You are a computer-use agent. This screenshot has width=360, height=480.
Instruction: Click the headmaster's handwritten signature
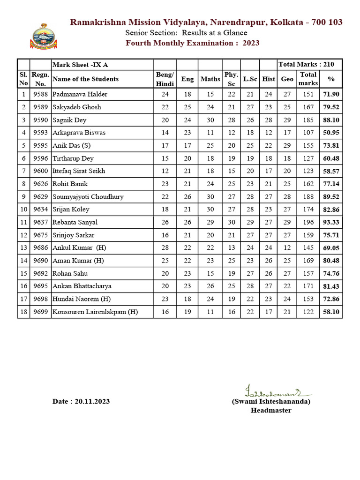coord(270,391)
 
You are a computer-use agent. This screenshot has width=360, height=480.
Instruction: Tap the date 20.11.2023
coord(81,402)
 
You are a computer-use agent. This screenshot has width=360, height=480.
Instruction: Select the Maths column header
coord(210,79)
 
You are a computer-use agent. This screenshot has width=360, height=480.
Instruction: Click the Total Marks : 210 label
coord(309,65)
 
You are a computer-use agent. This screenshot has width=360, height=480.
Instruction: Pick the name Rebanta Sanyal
coord(75,222)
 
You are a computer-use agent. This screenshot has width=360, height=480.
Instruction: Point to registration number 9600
coord(40,171)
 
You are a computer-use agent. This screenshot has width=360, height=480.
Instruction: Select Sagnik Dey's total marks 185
coord(308,120)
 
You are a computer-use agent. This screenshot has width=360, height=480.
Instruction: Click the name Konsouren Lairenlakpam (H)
coord(95,312)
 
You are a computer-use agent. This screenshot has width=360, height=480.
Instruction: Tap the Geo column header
coord(287,79)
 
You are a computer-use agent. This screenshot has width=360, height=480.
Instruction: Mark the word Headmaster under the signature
coord(270,411)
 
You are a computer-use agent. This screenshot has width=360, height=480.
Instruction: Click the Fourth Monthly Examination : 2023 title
coord(193,43)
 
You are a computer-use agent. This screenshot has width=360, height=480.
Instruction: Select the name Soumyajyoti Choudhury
coord(88,197)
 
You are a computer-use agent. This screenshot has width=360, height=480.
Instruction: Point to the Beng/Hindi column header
coord(165,79)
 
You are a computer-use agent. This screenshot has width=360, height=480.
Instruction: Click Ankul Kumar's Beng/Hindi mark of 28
coord(165,248)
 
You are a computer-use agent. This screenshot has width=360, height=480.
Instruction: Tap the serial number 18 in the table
coord(23,312)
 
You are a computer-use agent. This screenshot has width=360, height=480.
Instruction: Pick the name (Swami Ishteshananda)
coord(270,402)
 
